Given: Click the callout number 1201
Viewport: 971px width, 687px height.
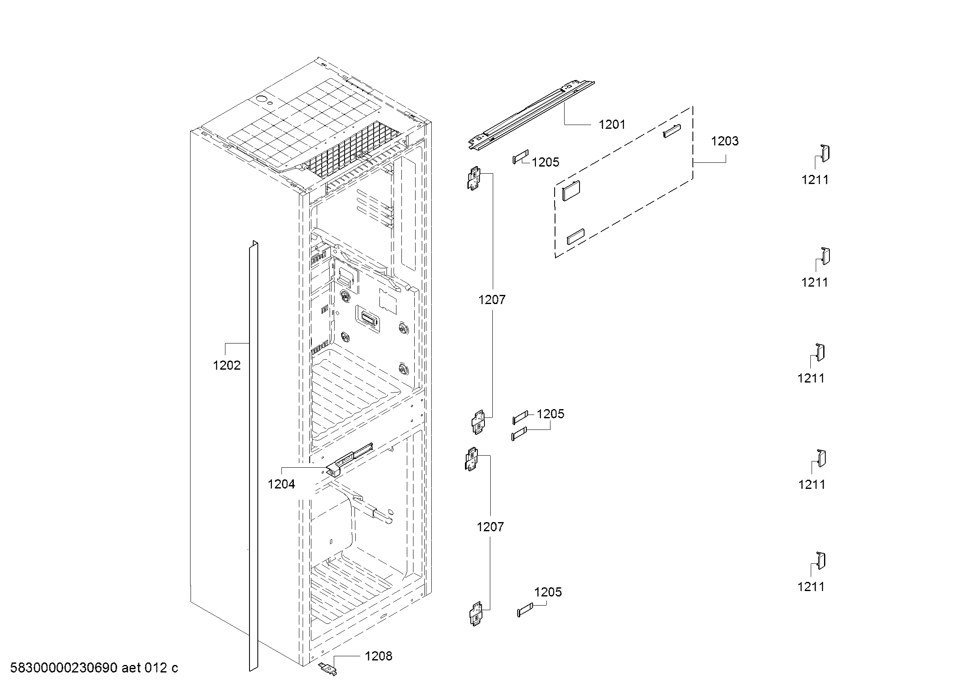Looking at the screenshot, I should point(611,124).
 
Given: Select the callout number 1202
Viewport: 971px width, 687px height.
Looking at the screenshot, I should point(227,365).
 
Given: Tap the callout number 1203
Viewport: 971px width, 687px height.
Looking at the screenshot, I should point(724,141).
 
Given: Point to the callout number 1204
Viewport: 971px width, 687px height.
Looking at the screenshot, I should point(281,484).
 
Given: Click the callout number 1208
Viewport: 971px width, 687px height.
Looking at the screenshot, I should point(379,656).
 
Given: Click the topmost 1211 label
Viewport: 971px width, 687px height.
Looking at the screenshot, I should point(815,180).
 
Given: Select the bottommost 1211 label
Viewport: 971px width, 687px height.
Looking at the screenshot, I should point(811,587).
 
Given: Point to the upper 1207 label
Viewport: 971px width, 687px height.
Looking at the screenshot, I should point(492,300).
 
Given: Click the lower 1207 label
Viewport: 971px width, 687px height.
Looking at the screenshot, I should point(491,527).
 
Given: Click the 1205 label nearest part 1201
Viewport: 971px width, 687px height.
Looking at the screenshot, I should point(545,162).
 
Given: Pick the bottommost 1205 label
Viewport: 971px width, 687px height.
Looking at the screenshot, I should point(548,592).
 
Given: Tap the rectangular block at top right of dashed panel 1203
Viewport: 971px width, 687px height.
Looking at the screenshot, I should point(672,131).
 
